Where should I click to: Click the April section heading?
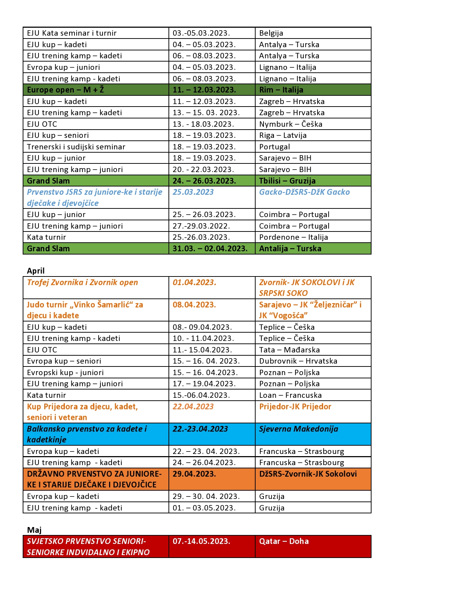point(36,271)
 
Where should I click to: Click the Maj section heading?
point(34,530)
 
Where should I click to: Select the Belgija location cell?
point(271,33)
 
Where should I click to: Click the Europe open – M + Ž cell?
point(65,90)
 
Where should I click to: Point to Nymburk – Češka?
point(291,124)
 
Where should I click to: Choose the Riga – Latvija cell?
point(283,135)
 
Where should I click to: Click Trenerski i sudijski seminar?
point(76,147)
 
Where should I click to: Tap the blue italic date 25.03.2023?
point(193,192)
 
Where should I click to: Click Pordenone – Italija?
point(293,237)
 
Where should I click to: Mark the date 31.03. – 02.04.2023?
point(210,248)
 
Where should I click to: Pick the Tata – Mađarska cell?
point(289,350)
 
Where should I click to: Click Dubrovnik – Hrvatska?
point(298,361)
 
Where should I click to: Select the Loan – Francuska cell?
point(290,395)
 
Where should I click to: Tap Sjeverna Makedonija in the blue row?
point(298,429)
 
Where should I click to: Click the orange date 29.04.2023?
point(194,474)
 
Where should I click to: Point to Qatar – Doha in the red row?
point(284,541)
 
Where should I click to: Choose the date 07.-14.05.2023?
point(201,541)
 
